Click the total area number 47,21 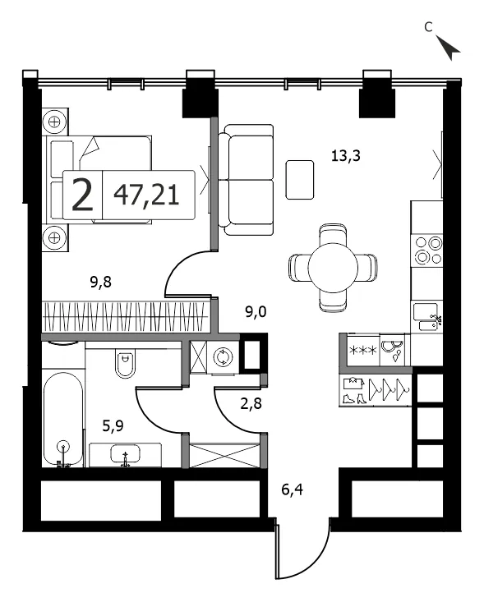(147, 195)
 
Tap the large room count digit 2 (83, 195)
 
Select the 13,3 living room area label (346, 156)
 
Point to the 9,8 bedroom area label (100, 283)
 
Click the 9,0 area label (256, 312)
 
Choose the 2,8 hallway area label (251, 403)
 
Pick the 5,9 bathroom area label (113, 425)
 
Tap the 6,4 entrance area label (293, 489)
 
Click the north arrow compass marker (449, 48)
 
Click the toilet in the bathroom (125, 364)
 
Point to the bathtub (63, 419)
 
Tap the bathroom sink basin (125, 454)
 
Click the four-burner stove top (427, 250)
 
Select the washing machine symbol (223, 357)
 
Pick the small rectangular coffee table (300, 180)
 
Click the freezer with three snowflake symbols (363, 350)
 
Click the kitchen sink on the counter (426, 316)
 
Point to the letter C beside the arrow (428, 26)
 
